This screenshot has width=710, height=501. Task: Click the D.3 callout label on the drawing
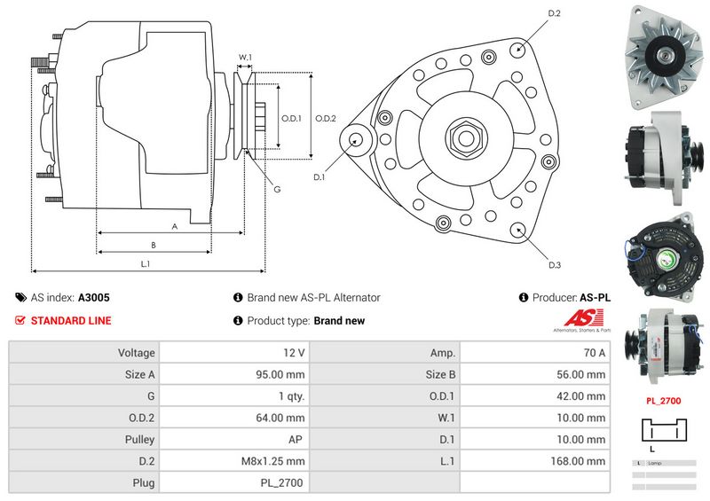(555, 265)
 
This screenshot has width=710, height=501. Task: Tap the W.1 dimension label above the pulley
(246, 58)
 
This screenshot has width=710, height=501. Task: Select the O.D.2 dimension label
(326, 118)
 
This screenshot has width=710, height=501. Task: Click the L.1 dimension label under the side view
(146, 263)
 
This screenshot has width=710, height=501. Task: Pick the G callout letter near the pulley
(278, 189)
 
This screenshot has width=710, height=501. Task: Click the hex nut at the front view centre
(466, 138)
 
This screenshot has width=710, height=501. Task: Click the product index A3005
(94, 298)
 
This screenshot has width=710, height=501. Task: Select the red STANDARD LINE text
(71, 321)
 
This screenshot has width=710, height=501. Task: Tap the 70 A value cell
(592, 352)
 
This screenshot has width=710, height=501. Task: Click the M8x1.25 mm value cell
(275, 461)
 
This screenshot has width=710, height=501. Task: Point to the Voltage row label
(136, 352)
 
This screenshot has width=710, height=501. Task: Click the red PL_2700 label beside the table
(663, 401)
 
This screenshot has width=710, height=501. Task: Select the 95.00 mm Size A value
(280, 374)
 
